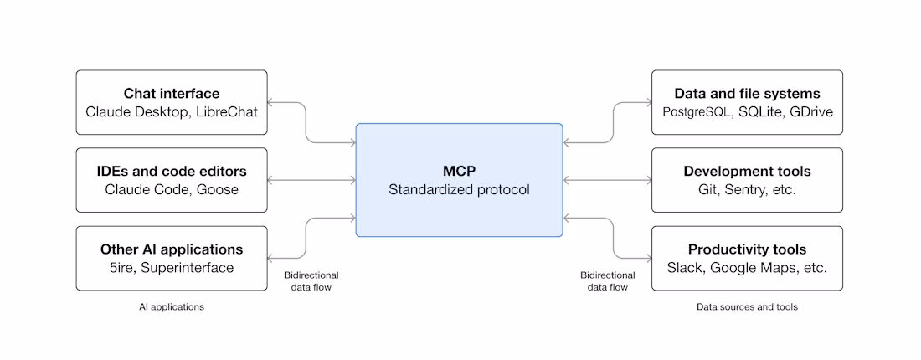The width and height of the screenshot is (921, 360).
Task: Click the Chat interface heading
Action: pos(172,93)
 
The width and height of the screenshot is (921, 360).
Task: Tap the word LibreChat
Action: pos(227,111)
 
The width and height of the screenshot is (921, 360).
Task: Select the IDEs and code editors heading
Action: pos(172,172)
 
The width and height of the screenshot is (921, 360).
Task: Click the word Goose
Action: pos(218,190)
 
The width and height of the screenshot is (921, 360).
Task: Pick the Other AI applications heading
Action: pos(172,249)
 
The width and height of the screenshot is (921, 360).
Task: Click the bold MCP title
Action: pos(459,171)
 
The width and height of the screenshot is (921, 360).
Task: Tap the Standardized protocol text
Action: pos(459,190)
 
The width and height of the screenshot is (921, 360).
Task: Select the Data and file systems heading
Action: pos(747,93)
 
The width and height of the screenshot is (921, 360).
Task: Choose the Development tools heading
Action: pos(747,172)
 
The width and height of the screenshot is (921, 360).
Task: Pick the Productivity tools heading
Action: pos(747,249)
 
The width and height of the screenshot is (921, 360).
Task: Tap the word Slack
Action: pos(686,268)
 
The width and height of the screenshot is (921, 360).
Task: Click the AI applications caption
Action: pos(172,307)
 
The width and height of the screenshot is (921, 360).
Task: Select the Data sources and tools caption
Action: pos(747,307)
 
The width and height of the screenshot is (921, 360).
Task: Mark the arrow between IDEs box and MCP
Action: pos(311,180)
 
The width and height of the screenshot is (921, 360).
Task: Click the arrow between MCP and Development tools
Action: pos(607,180)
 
